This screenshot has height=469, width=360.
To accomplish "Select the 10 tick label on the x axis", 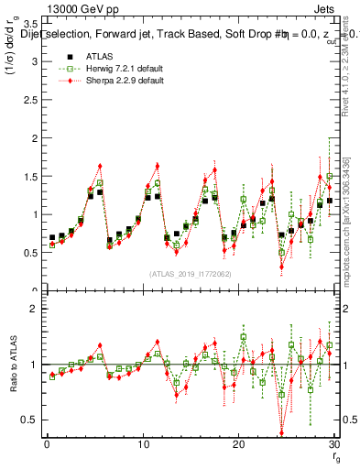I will click(142, 444).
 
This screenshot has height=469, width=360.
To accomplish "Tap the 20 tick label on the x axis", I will click(238, 444).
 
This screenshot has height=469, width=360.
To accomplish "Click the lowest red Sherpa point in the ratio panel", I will click(281, 433).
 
